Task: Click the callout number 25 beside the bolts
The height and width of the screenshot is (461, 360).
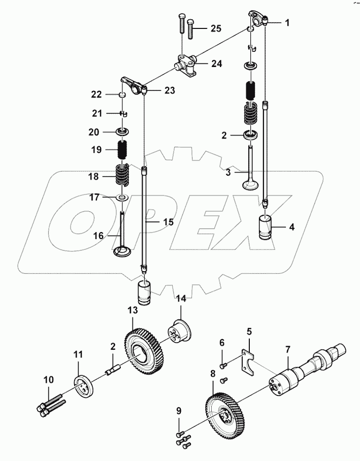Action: point(215,28)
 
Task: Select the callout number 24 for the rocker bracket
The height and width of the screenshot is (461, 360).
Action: point(216,64)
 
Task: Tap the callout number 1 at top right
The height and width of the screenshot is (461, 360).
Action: point(287,23)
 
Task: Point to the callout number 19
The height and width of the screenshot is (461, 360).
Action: point(96,150)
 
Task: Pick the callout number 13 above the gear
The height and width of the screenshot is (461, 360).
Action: point(133,310)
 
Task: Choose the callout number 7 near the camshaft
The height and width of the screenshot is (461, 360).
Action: point(287,349)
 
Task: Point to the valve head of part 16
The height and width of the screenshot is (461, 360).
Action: point(123,251)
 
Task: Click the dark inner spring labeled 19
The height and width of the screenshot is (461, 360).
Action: point(122,150)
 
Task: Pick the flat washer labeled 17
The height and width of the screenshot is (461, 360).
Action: point(122,197)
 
